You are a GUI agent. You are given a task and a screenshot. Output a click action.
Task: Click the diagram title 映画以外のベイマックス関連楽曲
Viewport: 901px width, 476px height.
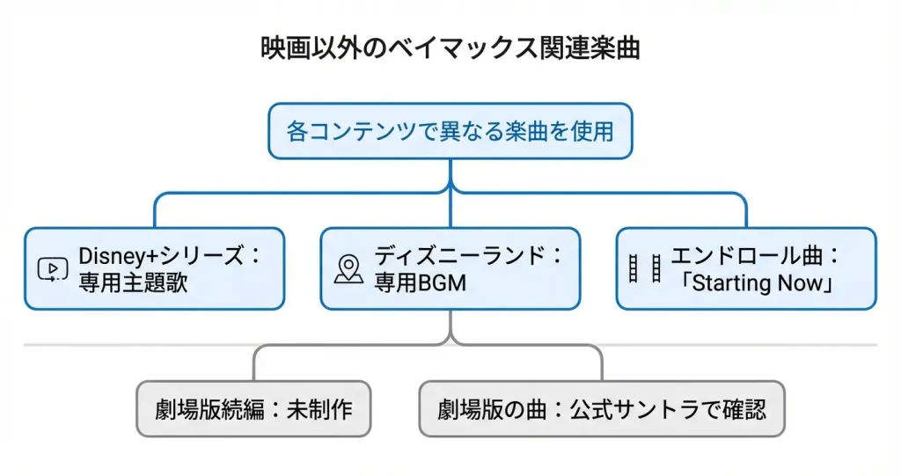click(x=450, y=48)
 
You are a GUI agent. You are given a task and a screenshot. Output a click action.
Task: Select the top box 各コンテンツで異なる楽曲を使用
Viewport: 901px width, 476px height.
click(x=450, y=131)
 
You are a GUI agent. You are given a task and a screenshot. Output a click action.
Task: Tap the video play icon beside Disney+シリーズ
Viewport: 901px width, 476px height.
click(x=52, y=269)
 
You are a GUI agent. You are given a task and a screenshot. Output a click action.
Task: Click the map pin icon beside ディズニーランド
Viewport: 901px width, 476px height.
click(x=348, y=269)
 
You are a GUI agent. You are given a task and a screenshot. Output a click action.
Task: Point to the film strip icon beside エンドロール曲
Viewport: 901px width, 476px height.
click(x=644, y=268)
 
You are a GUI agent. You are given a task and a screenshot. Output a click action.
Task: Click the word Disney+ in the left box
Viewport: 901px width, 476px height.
click(x=118, y=256)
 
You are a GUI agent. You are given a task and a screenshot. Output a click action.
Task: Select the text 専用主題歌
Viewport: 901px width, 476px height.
click(x=133, y=282)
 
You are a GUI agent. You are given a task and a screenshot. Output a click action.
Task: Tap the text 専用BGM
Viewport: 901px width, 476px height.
click(x=420, y=282)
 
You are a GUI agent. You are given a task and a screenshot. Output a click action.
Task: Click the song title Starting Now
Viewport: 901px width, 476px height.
click(x=758, y=282)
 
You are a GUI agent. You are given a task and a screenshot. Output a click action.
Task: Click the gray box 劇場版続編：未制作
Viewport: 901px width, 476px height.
click(x=253, y=409)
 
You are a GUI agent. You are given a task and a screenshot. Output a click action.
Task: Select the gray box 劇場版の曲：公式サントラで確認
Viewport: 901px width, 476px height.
click(x=602, y=409)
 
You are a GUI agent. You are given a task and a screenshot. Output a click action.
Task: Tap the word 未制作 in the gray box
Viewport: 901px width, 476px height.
click(x=319, y=409)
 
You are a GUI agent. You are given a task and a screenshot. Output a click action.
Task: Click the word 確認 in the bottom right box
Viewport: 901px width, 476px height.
click(x=744, y=409)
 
